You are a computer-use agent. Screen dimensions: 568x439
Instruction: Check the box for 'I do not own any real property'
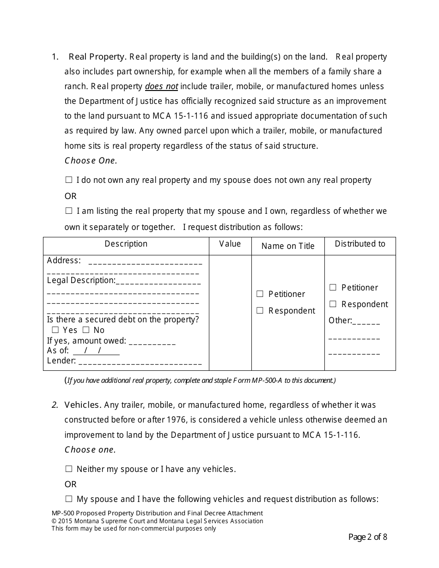(x=69, y=180)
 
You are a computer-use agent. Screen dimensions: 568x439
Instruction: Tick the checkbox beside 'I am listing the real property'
(x=69, y=211)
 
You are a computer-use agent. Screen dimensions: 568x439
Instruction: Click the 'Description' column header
(x=126, y=244)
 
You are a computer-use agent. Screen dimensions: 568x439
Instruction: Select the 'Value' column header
(x=230, y=244)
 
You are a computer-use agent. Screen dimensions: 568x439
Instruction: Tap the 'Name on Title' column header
(x=287, y=246)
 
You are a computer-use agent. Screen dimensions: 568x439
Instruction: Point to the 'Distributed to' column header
(x=360, y=244)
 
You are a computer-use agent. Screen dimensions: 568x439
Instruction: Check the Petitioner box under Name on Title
(x=260, y=294)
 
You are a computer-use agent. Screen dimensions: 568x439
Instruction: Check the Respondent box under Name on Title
(x=260, y=311)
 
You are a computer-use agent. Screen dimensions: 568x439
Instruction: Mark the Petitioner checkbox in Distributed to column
(x=333, y=288)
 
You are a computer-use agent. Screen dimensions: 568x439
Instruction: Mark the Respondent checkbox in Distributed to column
(x=333, y=304)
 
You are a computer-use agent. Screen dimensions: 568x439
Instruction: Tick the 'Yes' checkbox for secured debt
(x=55, y=330)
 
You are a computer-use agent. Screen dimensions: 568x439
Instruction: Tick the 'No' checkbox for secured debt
(x=86, y=330)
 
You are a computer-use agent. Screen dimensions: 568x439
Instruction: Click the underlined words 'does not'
(x=161, y=86)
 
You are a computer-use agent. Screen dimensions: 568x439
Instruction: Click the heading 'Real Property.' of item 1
(x=97, y=57)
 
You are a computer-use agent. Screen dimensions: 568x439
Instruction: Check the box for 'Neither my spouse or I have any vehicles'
(x=69, y=469)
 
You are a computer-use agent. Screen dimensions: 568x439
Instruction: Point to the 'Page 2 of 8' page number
(x=367, y=537)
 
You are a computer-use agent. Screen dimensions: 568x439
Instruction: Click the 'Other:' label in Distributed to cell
(x=340, y=320)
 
